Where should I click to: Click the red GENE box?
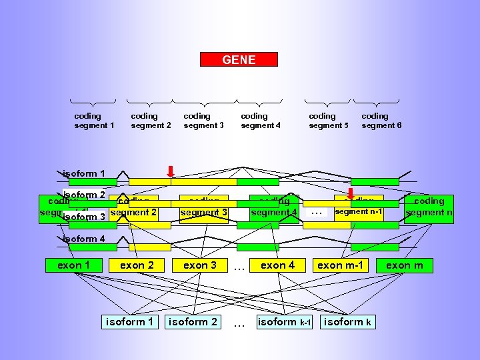(239, 59)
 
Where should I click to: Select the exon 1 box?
(73, 265)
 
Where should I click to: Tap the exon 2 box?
(137, 265)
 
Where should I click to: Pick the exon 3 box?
(200, 265)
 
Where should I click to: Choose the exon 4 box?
(277, 265)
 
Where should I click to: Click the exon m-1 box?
(340, 265)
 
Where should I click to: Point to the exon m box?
(405, 265)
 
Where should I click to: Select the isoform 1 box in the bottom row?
(130, 322)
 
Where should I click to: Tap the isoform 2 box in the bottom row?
(193, 322)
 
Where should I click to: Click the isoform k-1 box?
(284, 322)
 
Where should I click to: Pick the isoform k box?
(347, 322)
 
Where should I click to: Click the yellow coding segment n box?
(429, 207)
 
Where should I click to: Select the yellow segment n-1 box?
(359, 211)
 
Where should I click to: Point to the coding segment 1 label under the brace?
(94, 121)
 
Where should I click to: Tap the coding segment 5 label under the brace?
(329, 121)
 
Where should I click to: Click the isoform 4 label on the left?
(83, 239)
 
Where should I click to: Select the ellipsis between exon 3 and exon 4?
(239, 267)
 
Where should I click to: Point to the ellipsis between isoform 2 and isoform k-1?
(239, 323)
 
